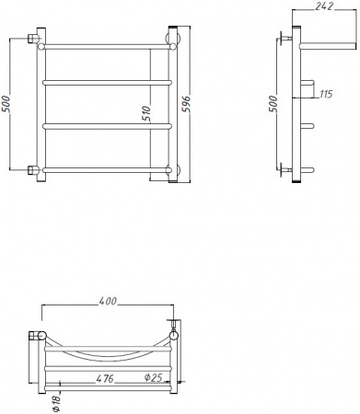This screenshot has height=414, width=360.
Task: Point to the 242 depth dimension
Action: coord(322,7)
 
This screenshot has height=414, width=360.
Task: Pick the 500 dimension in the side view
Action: coord(272,105)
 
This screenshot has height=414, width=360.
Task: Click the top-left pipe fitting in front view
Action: coord(35,40)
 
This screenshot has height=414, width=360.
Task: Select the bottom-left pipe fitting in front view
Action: coord(35,168)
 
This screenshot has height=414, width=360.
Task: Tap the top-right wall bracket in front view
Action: coord(171,40)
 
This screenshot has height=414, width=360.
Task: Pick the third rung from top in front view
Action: coord(104,126)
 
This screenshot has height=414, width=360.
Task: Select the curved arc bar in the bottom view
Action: coord(108,354)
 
